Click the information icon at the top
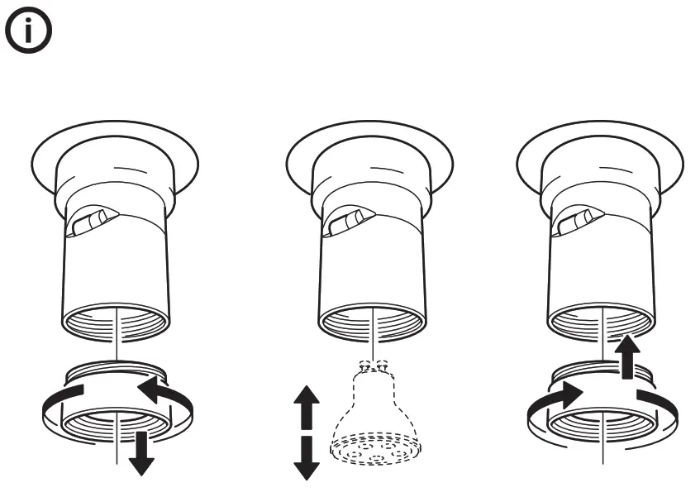29,34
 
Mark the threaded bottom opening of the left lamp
116,322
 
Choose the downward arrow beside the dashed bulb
307,457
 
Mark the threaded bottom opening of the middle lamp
372,322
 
